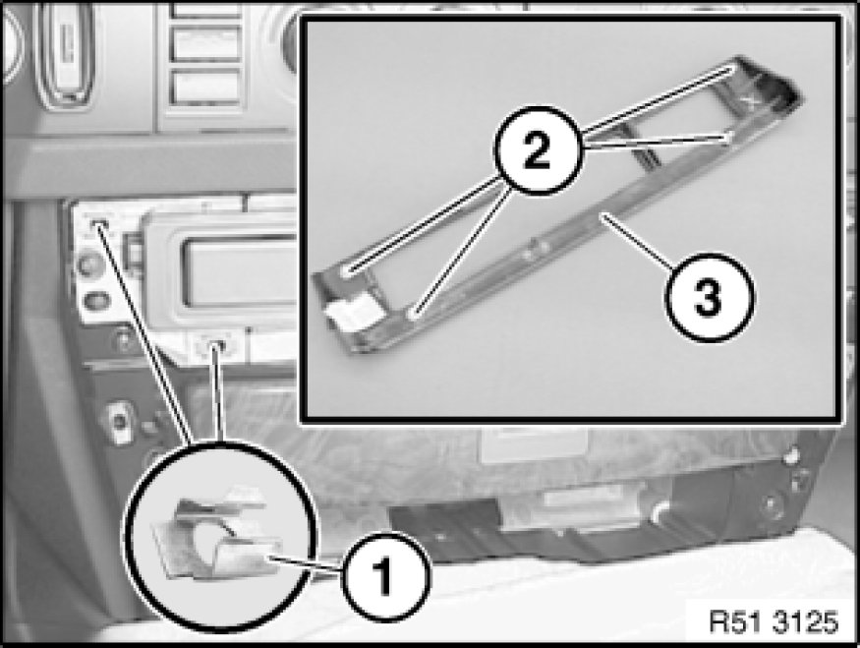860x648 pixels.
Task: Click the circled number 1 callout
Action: [x=386, y=576]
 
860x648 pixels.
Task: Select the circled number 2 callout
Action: [x=538, y=149]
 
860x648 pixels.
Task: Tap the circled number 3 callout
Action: [x=709, y=298]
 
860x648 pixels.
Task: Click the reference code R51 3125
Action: [x=774, y=621]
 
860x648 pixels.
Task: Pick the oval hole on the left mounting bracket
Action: [x=97, y=301]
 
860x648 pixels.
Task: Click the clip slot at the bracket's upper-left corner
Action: [x=99, y=224]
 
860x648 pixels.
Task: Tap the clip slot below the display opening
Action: [x=216, y=346]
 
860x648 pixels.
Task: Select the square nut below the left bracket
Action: [x=120, y=422]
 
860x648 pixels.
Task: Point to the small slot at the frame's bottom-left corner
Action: [x=417, y=315]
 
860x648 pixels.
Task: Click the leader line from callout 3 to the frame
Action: [x=636, y=241]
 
